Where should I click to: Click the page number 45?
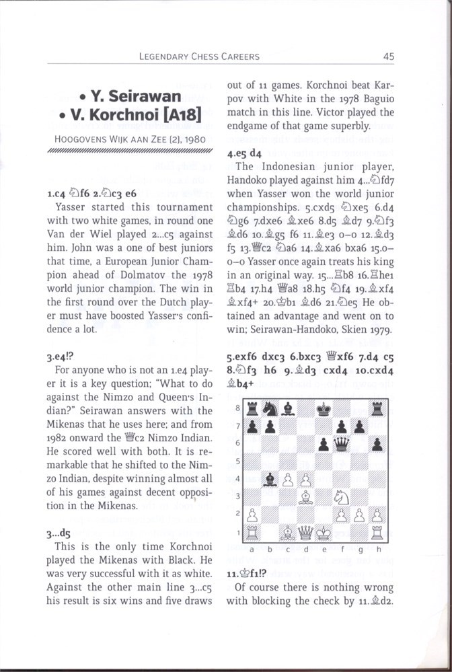[x=388, y=57]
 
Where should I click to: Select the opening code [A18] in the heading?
[x=181, y=116]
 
